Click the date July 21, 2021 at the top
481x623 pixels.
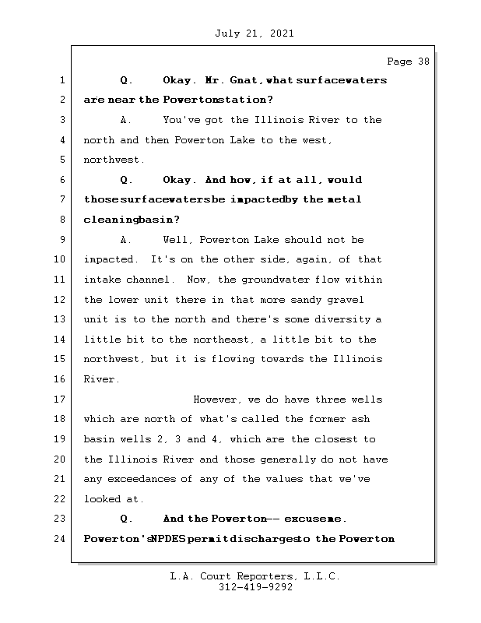click(x=253, y=33)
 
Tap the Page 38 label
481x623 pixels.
click(x=407, y=62)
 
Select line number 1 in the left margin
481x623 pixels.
click(x=61, y=80)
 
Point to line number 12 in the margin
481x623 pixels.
click(x=58, y=300)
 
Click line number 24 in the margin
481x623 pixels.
click(x=58, y=539)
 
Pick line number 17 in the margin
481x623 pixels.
click(x=58, y=399)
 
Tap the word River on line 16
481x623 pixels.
click(x=100, y=379)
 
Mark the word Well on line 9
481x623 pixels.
click(x=177, y=240)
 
